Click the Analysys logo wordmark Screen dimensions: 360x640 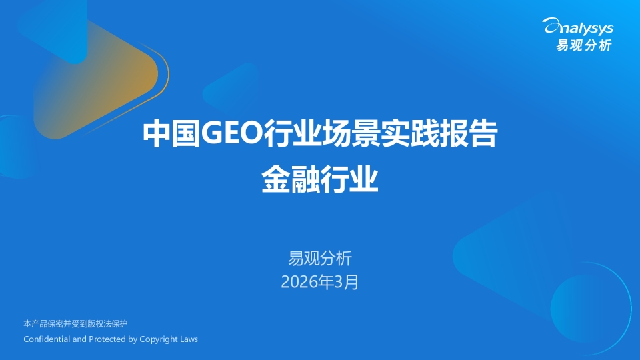click(x=578, y=27)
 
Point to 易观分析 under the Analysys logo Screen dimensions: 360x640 click(x=584, y=45)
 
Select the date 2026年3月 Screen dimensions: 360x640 click(x=320, y=282)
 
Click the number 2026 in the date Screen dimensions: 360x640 click(x=299, y=282)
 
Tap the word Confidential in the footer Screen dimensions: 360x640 click(x=46, y=339)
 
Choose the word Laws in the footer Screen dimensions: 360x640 click(x=189, y=339)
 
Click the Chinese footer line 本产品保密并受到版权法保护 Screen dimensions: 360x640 click(x=75, y=324)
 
